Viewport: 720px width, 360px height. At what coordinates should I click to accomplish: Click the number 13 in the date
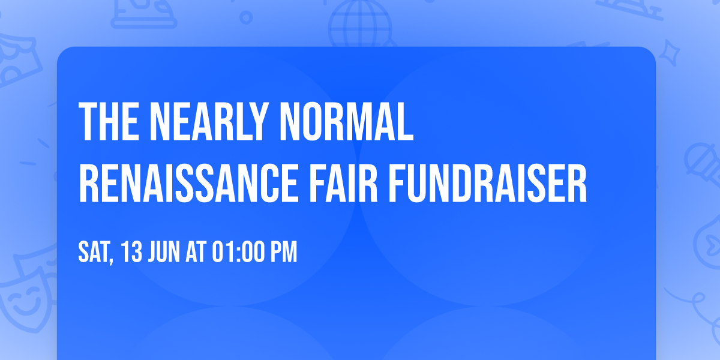point(132,253)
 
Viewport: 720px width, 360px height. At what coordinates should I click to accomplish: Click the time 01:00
point(239,253)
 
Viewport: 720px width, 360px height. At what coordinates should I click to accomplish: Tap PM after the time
point(284,253)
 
